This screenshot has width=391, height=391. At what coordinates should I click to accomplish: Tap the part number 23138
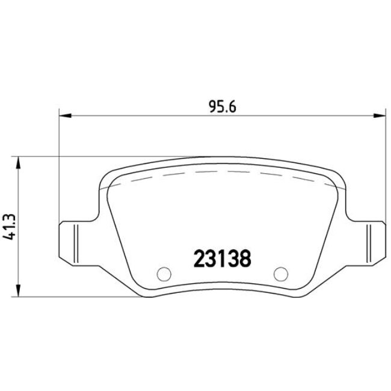click(221, 259)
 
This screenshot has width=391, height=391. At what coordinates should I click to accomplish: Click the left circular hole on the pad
click(162, 274)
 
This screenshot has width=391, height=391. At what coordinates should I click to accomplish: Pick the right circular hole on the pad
click(280, 274)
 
